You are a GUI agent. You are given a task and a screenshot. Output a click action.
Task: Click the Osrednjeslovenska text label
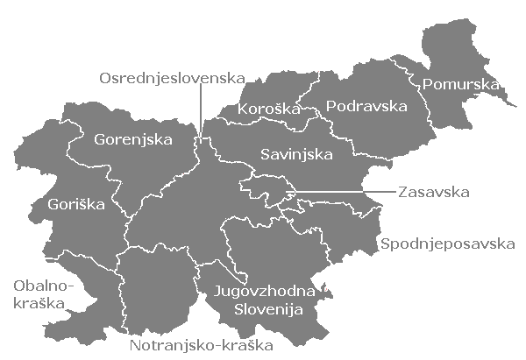(171, 78)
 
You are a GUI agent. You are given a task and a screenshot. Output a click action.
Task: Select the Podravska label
(366, 107)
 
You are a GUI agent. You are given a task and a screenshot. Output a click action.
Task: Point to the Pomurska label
(460, 85)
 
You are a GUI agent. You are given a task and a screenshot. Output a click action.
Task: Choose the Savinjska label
(296, 155)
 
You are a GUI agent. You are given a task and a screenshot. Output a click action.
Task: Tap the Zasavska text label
(434, 191)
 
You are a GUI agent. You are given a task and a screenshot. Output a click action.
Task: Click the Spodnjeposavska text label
(446, 243)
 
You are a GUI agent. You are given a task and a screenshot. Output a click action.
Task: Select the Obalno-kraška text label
(42, 293)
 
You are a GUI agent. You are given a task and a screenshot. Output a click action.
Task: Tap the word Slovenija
(268, 310)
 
